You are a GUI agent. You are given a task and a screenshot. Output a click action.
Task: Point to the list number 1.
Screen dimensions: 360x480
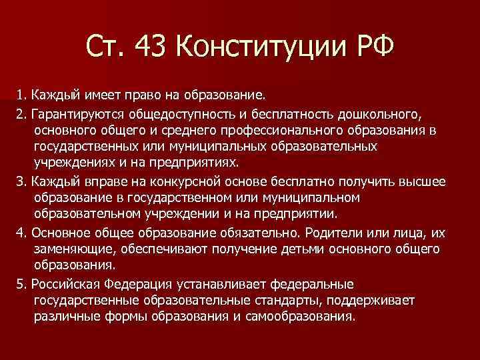click(x=20, y=93)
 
